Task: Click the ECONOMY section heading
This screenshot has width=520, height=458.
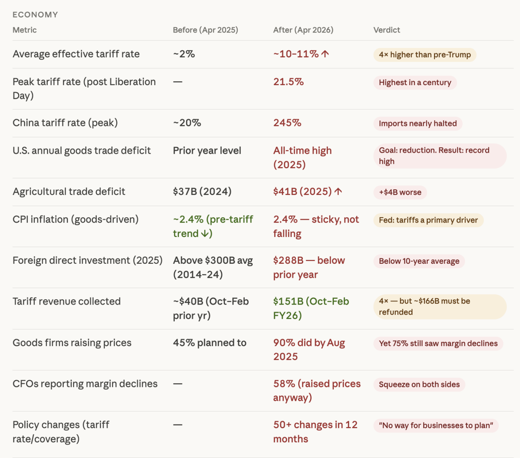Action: pyautogui.click(x=35, y=15)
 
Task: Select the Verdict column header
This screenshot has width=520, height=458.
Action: pyautogui.click(x=387, y=30)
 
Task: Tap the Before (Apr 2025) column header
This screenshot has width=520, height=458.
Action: pyautogui.click(x=205, y=30)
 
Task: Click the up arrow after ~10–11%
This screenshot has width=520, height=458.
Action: pyautogui.click(x=325, y=54)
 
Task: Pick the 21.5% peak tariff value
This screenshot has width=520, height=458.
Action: pyautogui.click(x=288, y=82)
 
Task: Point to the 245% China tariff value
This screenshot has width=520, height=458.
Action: pyautogui.click(x=287, y=123)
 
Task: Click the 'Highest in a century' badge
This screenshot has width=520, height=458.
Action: pyautogui.click(x=415, y=82)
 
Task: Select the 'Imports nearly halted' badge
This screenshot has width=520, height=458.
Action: pyautogui.click(x=418, y=124)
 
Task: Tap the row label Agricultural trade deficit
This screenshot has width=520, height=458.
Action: pyautogui.click(x=69, y=192)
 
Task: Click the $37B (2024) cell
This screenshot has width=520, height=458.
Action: pyautogui.click(x=202, y=192)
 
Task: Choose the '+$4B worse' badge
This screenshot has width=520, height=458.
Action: pyautogui.click(x=400, y=192)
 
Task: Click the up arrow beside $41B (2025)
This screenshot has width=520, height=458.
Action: pyautogui.click(x=338, y=192)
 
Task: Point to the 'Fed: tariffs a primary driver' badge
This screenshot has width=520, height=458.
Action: pyautogui.click(x=428, y=220)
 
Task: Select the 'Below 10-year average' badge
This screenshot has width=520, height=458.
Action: pyautogui.click(x=419, y=261)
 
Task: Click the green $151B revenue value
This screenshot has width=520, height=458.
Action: pyautogui.click(x=310, y=308)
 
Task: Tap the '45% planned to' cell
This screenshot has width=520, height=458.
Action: pyautogui.click(x=210, y=343)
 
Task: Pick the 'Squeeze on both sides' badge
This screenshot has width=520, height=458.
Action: pyautogui.click(x=419, y=384)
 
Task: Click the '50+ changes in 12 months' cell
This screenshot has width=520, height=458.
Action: pyautogui.click(x=315, y=432)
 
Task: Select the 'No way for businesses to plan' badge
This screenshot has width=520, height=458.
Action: pyautogui.click(x=436, y=426)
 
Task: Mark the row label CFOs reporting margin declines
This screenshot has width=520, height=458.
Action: pyautogui.click(x=85, y=384)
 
